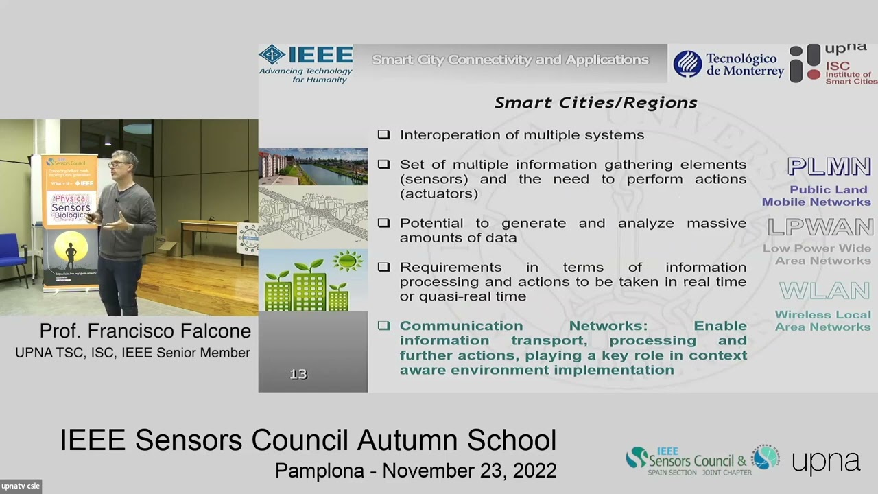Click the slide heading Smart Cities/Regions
[x=595, y=103]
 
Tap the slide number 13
[x=298, y=374]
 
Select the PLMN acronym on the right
[x=829, y=167]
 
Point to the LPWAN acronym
[x=820, y=227]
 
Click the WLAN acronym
[x=824, y=291]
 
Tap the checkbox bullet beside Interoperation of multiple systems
[x=383, y=135]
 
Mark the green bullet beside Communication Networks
[x=383, y=326]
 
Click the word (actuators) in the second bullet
[x=439, y=193]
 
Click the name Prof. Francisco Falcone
[x=145, y=331]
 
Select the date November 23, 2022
[x=469, y=471]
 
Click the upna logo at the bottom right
[x=826, y=461]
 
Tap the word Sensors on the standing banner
[x=71, y=207]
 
